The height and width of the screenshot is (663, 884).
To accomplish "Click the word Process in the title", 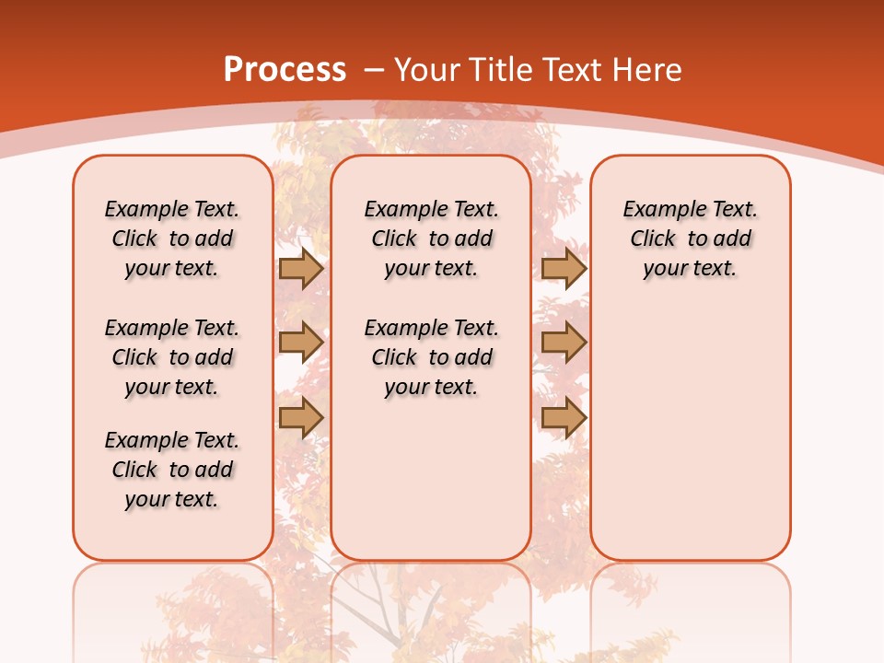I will click(285, 70).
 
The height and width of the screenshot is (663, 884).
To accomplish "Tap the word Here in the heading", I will click(648, 70).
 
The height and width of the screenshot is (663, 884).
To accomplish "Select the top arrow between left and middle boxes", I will click(300, 269).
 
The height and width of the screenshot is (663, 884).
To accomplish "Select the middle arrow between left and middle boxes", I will click(300, 343).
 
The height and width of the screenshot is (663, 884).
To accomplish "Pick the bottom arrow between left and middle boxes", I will click(300, 418).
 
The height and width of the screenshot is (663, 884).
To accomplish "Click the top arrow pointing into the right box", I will click(563, 269).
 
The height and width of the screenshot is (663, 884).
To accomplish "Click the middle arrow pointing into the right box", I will click(563, 343).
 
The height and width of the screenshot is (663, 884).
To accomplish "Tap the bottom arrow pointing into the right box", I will click(563, 418).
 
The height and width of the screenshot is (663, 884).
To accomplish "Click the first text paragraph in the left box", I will click(172, 238).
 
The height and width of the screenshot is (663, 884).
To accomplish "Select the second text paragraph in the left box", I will click(172, 357).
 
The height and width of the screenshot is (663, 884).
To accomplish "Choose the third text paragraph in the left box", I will click(172, 470).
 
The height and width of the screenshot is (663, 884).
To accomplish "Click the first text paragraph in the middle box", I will click(431, 238).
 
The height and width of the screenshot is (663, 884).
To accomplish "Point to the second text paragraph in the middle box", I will click(431, 357).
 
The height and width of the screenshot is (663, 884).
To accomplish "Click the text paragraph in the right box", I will click(690, 238).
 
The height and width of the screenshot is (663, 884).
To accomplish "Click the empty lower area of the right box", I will click(690, 433).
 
